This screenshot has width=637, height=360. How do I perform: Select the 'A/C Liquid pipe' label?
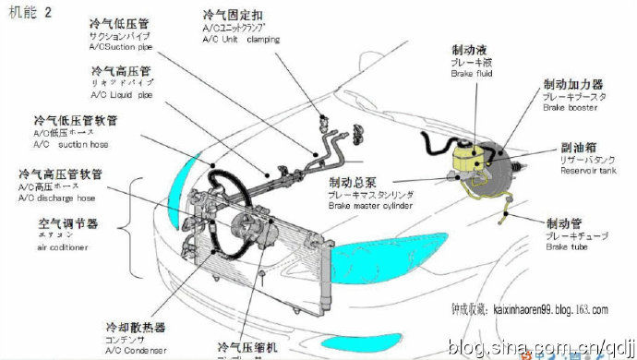click(x=120, y=93)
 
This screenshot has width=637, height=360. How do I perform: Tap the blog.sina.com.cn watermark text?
click(x=539, y=346)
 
